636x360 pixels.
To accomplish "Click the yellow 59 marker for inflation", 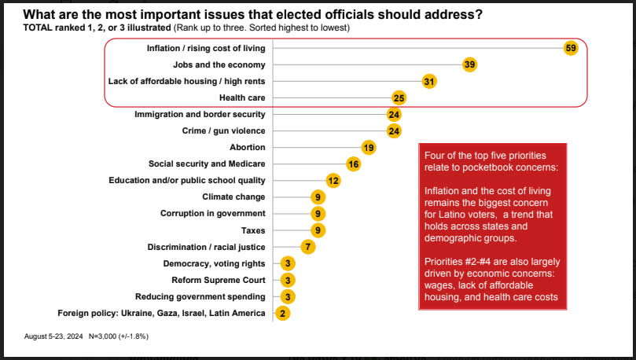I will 572,48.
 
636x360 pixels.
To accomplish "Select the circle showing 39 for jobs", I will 470,64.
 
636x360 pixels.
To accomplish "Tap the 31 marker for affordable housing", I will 428,81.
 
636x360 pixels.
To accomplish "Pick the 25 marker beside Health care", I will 399,97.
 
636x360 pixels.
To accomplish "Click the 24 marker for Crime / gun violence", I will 394,130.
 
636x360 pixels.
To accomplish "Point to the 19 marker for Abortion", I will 368,147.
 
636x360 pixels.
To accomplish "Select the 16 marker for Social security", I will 353,163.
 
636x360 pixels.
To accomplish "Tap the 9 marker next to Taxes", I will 317,230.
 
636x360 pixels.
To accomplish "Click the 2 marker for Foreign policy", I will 281,313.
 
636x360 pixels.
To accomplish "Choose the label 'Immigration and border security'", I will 200,114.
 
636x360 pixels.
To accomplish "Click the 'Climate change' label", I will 233,197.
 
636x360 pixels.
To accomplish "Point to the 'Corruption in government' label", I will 213,213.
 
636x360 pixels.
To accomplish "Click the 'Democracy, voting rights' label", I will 214,263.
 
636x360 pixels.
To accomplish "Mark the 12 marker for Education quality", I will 333,180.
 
